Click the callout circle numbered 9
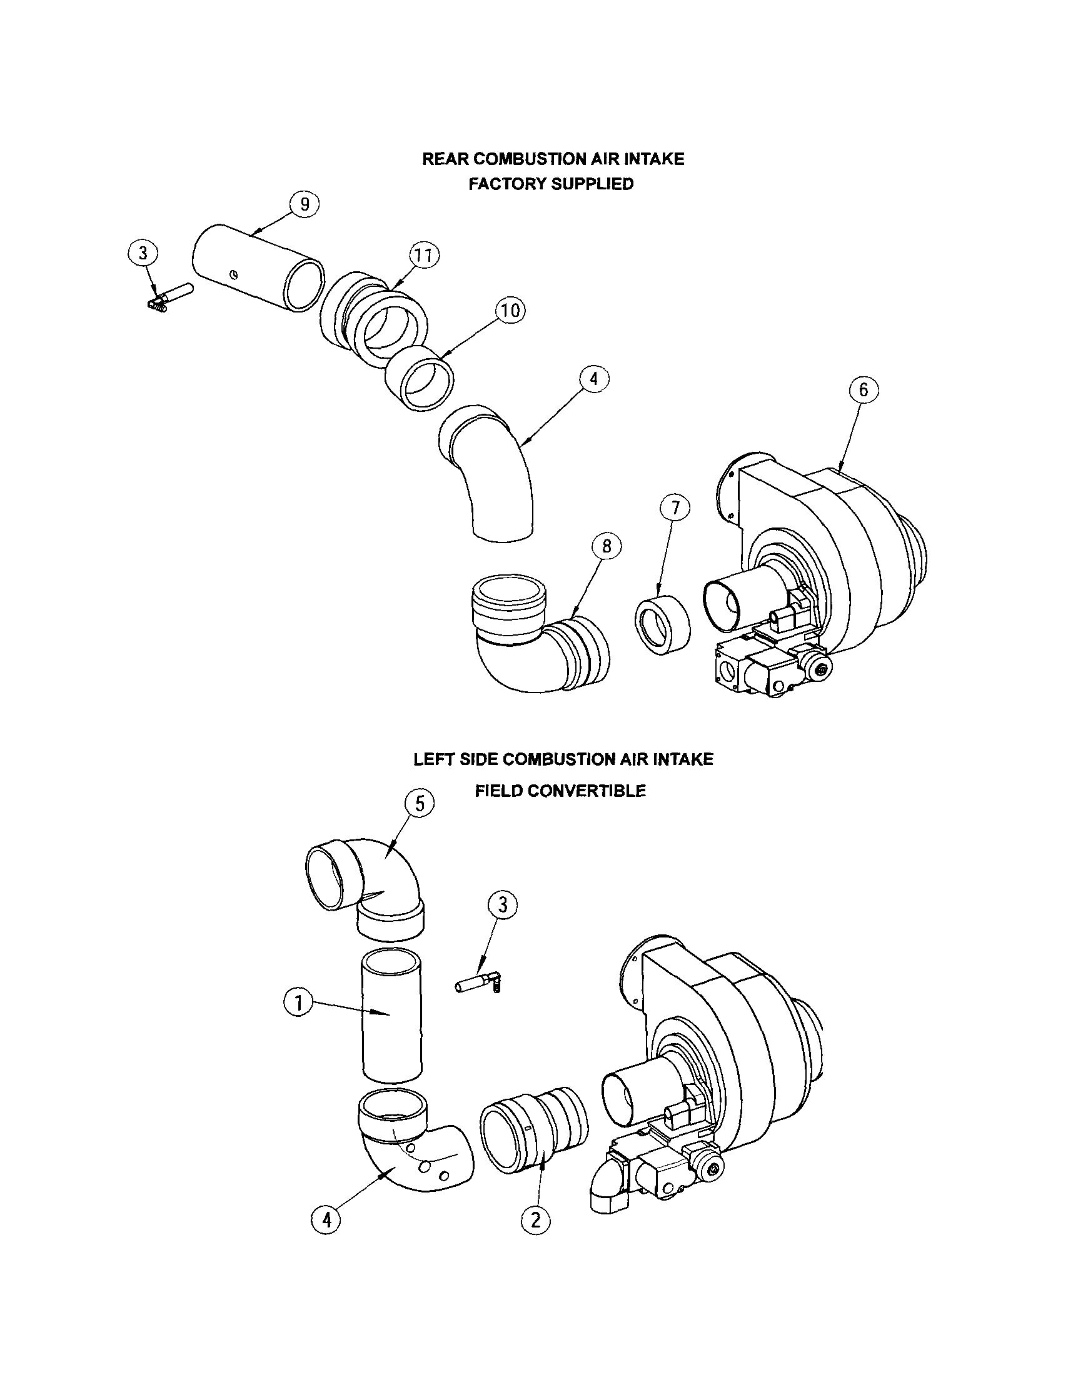(x=305, y=204)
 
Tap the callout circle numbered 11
(x=423, y=256)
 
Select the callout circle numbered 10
(x=510, y=311)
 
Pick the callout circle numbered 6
(x=864, y=389)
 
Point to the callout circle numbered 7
(x=675, y=509)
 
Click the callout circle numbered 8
(x=607, y=546)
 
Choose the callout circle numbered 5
(x=420, y=804)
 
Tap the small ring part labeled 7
(x=663, y=623)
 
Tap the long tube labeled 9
(x=258, y=267)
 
